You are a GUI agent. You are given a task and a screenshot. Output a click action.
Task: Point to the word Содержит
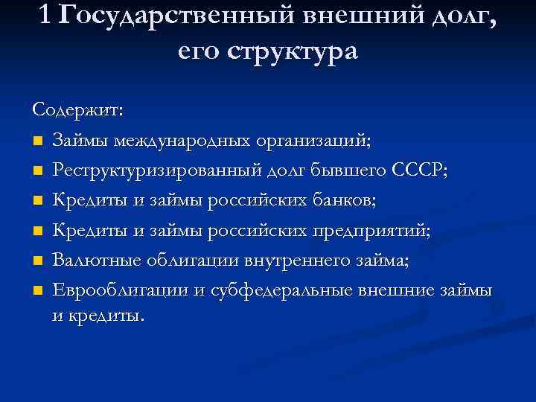pyautogui.click(x=79, y=109)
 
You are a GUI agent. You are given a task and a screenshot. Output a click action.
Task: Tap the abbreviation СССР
pyautogui.click(x=418, y=170)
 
